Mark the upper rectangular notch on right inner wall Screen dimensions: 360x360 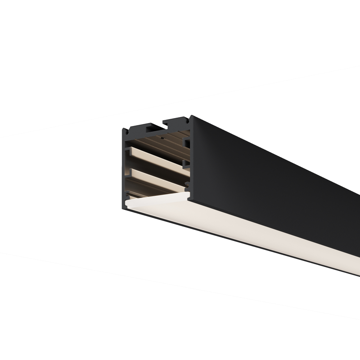click(x=187, y=143)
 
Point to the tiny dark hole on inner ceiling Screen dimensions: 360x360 click(x=163, y=138)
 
